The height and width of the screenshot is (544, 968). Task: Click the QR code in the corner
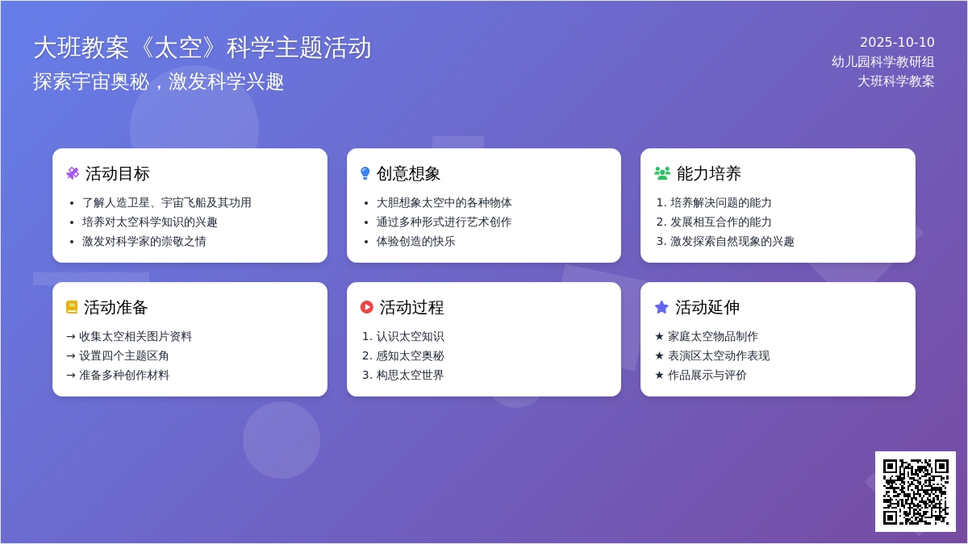pyautogui.click(x=916, y=492)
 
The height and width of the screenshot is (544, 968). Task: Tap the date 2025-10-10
pyautogui.click(x=897, y=42)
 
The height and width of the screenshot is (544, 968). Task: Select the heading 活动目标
pyautogui.click(x=117, y=173)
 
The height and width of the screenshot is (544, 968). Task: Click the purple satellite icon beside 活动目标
pyautogui.click(x=73, y=173)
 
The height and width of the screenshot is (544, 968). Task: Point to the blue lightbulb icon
pyautogui.click(x=365, y=173)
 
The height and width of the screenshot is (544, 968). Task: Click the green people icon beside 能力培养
pyautogui.click(x=662, y=173)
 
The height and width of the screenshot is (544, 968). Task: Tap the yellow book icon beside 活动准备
pyautogui.click(x=72, y=307)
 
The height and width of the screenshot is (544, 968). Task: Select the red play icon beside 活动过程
pyautogui.click(x=366, y=307)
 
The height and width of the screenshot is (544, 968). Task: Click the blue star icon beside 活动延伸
pyautogui.click(x=661, y=307)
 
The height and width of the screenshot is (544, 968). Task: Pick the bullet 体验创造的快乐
pyautogui.click(x=415, y=241)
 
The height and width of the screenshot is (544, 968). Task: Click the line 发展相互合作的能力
pyautogui.click(x=721, y=222)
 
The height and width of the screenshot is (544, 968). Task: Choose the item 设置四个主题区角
pyautogui.click(x=123, y=355)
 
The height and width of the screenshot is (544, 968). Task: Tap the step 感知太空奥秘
pyautogui.click(x=410, y=355)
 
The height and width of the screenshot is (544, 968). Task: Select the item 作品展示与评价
pyautogui.click(x=707, y=376)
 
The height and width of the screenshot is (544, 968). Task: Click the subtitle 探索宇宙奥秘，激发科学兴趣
pyautogui.click(x=159, y=81)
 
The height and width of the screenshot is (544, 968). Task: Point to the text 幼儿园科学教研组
pyautogui.click(x=882, y=62)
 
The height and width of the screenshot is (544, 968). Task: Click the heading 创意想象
pyautogui.click(x=408, y=173)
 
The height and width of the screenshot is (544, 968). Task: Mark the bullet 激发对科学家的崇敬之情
pyautogui.click(x=144, y=241)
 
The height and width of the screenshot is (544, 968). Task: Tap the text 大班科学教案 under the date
pyautogui.click(x=896, y=81)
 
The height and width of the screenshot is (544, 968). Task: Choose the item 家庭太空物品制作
pyautogui.click(x=713, y=336)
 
